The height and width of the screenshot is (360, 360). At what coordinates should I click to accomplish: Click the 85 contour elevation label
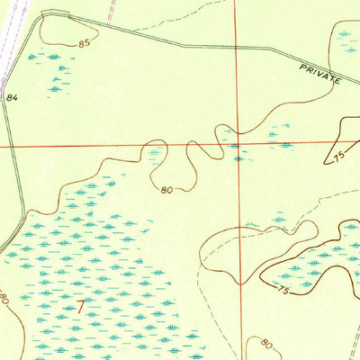85,42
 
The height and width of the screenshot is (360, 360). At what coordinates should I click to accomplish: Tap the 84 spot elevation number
12,97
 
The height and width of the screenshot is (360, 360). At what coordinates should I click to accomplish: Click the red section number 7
82,307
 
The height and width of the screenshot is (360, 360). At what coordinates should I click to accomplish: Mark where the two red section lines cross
237,142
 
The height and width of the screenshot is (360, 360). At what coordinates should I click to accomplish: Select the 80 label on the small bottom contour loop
266,342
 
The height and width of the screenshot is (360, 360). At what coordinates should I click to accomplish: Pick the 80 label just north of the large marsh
167,190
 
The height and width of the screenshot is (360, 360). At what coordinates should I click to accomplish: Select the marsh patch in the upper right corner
346,36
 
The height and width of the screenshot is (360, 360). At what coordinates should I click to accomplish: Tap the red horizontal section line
90,144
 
